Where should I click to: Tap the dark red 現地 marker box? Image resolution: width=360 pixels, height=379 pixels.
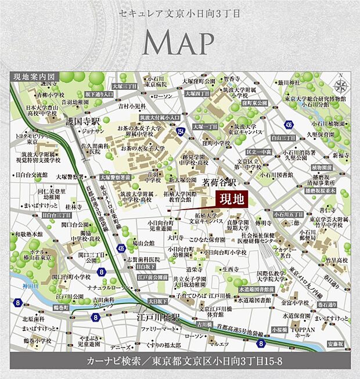pyautogui.click(x=231, y=198)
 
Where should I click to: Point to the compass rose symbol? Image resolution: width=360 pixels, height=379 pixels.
pyautogui.click(x=341, y=85)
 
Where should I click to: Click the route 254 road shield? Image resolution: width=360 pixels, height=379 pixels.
pyautogui.click(x=181, y=132)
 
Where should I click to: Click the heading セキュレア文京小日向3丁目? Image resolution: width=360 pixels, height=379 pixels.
pyautogui.click(x=179, y=12)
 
